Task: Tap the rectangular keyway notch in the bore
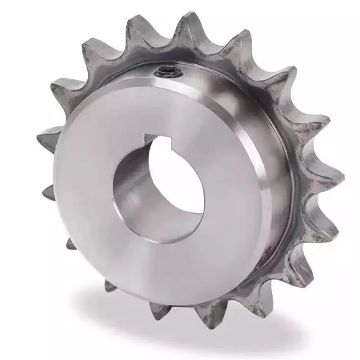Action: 153,139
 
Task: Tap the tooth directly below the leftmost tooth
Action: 70,245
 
